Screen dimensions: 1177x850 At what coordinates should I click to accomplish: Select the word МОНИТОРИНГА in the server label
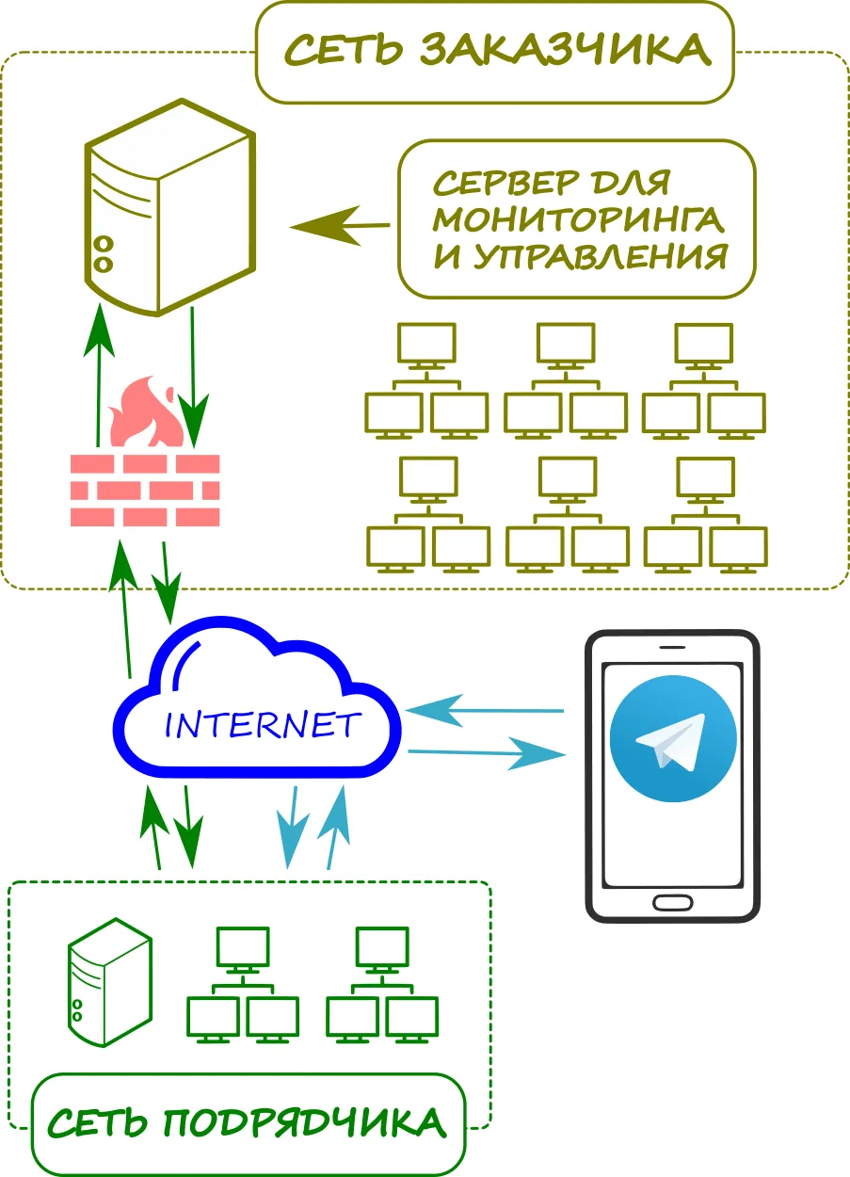point(578,218)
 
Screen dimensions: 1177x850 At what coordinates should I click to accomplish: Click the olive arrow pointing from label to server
point(339,227)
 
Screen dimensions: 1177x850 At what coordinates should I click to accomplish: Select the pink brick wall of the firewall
point(145,490)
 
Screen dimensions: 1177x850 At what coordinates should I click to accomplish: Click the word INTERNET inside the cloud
point(263,725)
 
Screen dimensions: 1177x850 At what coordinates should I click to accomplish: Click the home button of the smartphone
point(672,902)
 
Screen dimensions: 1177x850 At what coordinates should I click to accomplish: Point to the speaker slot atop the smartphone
point(672,647)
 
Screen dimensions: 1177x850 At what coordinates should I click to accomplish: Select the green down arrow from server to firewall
point(193,377)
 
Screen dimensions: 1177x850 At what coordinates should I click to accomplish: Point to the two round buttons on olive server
point(104,253)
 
